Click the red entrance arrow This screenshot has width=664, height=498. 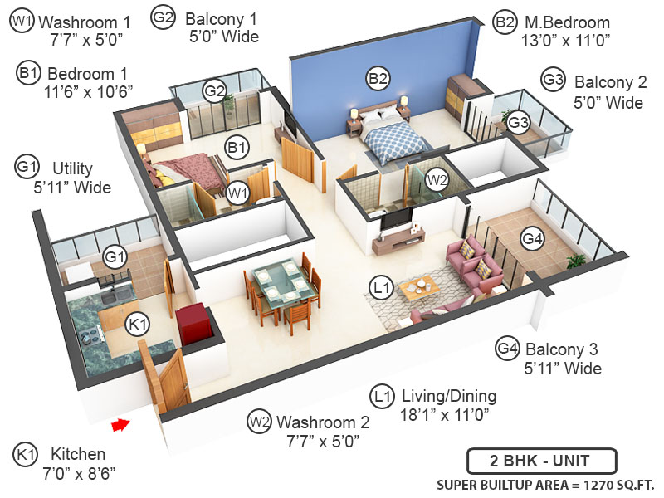click(x=121, y=426)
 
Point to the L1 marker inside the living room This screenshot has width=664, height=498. click(x=381, y=288)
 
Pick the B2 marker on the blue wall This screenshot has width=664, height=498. click(x=378, y=79)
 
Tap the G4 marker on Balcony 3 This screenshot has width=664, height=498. click(x=532, y=238)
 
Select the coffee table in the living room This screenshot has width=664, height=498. click(x=419, y=287)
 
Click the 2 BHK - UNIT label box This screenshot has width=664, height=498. click(x=540, y=460)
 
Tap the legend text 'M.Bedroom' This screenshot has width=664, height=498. click(x=564, y=22)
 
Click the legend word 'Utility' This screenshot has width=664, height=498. click(x=72, y=168)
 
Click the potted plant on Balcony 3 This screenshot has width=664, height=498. click(x=576, y=261)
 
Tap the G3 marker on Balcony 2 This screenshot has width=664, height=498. click(x=519, y=124)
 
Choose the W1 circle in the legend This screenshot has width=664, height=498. click(x=21, y=22)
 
